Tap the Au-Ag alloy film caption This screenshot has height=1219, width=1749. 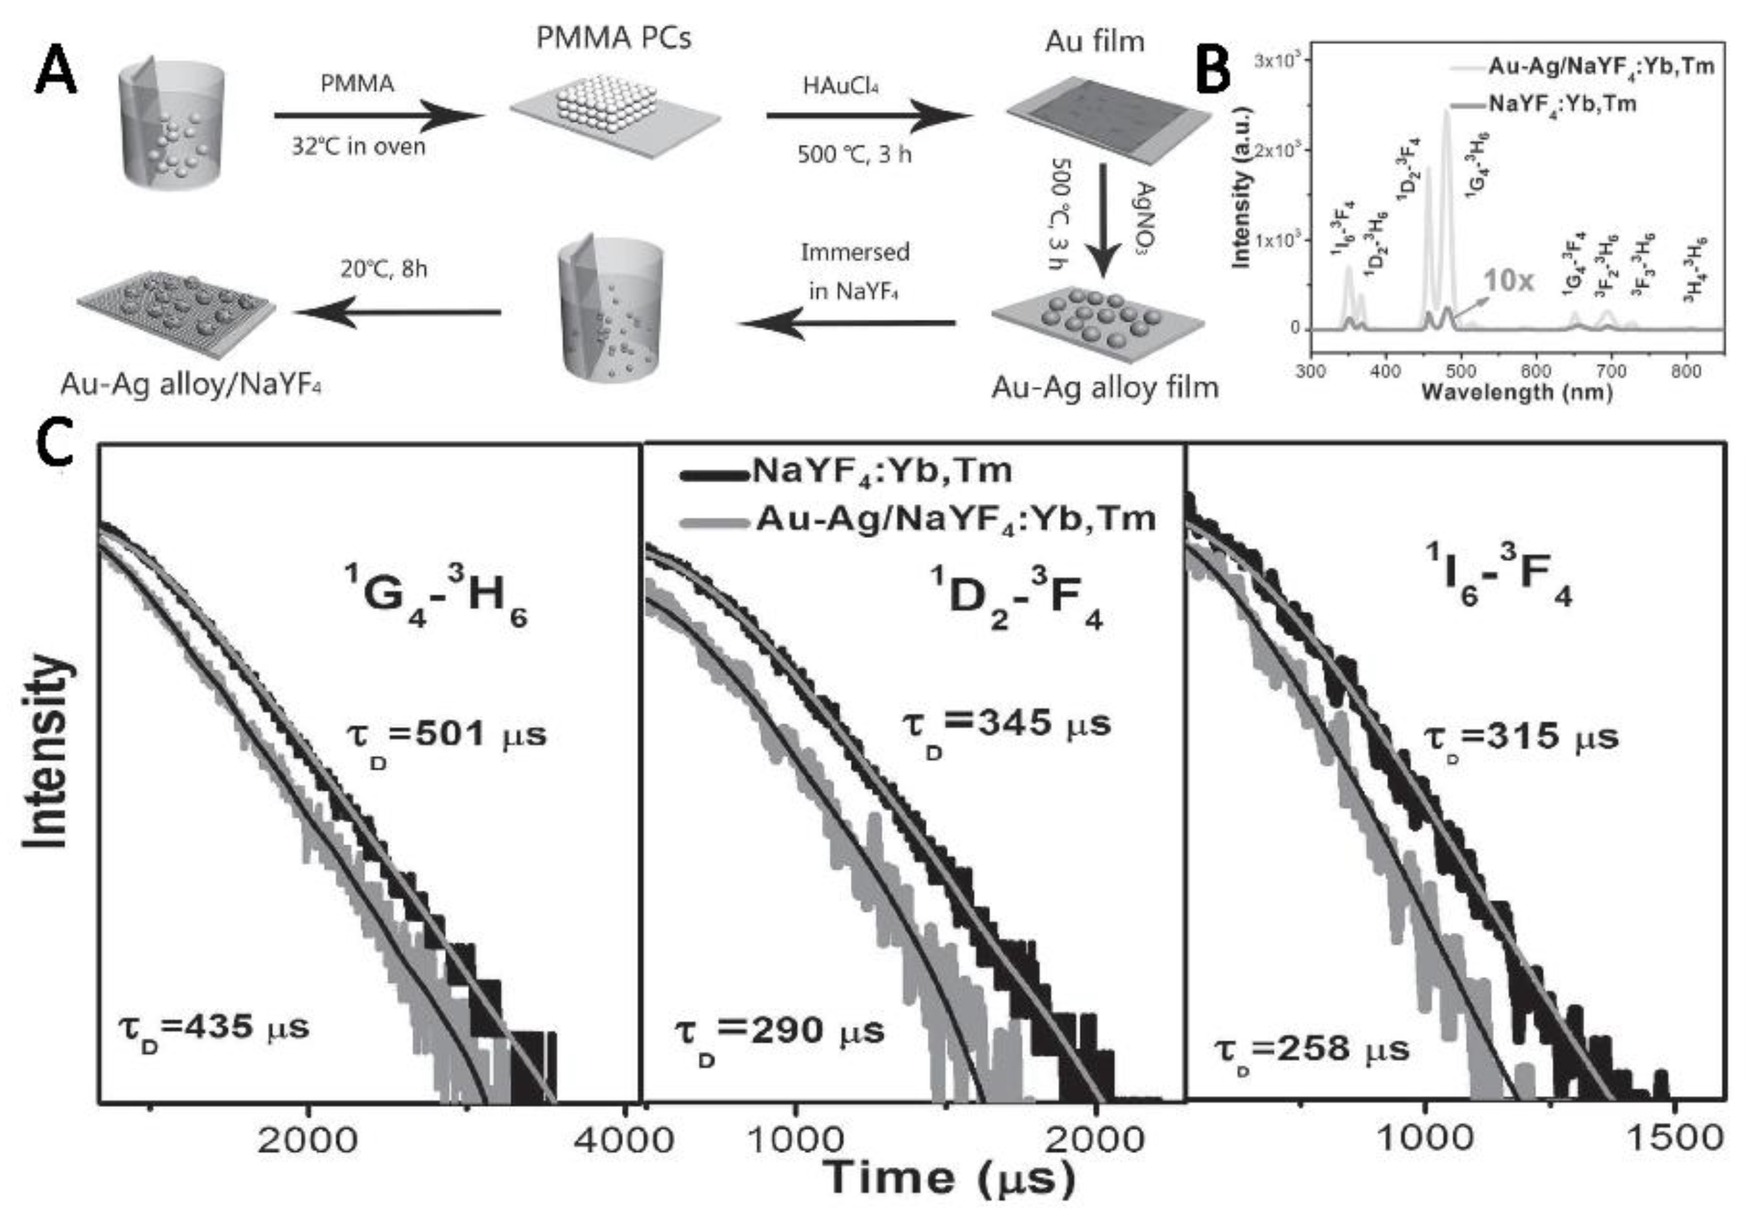(x=1104, y=387)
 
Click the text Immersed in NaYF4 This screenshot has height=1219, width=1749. (x=855, y=271)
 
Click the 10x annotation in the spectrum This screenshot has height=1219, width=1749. (x=1507, y=281)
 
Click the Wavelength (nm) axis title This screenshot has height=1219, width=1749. (x=1516, y=393)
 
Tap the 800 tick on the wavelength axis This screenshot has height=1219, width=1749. (x=1685, y=371)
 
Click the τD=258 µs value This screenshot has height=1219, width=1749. (x=1311, y=1051)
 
